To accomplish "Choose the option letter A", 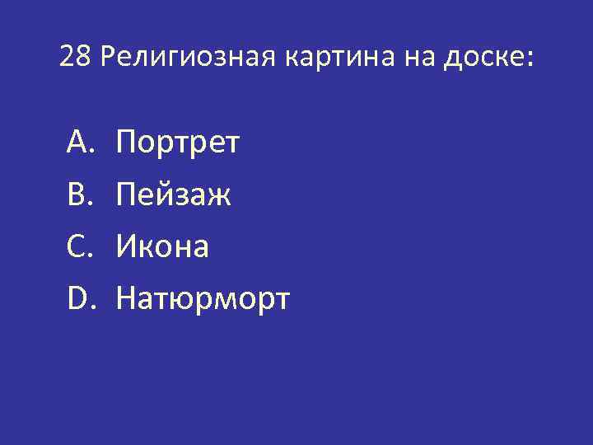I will (x=77, y=143).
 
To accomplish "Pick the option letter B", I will (x=77, y=194).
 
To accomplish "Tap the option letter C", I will (x=77, y=246).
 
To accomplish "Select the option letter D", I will (x=77, y=298).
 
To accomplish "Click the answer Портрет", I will (x=178, y=143).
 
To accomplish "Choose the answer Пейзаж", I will (x=173, y=195).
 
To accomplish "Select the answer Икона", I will (x=163, y=247).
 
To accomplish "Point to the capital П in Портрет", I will (x=127, y=143).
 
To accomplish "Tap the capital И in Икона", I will (x=127, y=246).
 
